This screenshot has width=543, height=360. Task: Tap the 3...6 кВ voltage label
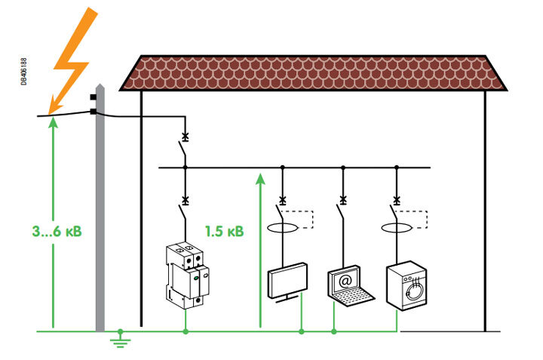[57, 231]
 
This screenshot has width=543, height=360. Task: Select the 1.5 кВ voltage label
[225, 231]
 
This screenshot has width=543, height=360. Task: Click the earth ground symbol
[120, 339]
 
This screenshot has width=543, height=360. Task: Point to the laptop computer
[351, 286]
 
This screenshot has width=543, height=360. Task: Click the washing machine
[406, 285]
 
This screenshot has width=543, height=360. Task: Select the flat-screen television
[287, 282]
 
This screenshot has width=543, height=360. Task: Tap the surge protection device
[188, 276]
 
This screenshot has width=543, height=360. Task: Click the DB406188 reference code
[23, 72]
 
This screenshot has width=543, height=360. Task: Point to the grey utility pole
[100, 208]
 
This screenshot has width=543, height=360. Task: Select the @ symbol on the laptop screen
[345, 281]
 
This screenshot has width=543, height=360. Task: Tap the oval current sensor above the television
[283, 228]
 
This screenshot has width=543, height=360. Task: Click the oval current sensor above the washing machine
[397, 228]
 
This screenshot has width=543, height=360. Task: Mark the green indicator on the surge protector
[195, 278]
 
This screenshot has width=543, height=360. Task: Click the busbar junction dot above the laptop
[343, 168]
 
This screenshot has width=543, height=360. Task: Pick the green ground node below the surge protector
[186, 331]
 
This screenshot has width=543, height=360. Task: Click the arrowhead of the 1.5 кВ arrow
[260, 179]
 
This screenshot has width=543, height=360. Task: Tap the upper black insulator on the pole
[94, 97]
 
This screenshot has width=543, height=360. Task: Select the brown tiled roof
[313, 73]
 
